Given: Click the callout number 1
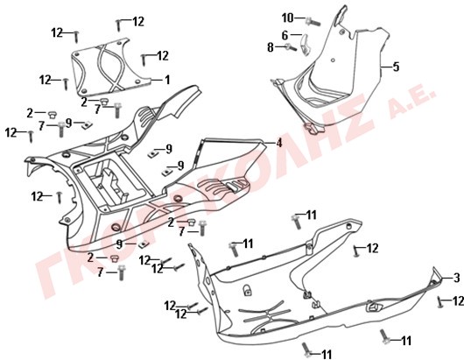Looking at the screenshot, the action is (167, 80).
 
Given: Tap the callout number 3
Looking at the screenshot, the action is (457, 278).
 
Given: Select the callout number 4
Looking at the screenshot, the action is (278, 144).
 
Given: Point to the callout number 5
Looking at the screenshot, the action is (396, 67).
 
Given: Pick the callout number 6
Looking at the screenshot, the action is (285, 36).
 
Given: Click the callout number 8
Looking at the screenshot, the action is (271, 47).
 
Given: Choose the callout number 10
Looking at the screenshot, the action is (287, 18).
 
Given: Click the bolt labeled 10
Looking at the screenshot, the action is (313, 22).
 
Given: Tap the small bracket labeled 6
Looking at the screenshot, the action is (306, 45).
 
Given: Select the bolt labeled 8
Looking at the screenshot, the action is (291, 47).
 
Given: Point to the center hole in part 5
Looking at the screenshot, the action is (333, 60).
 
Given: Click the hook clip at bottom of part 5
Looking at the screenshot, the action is (314, 129).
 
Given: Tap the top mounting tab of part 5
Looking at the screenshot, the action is (341, 15).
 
